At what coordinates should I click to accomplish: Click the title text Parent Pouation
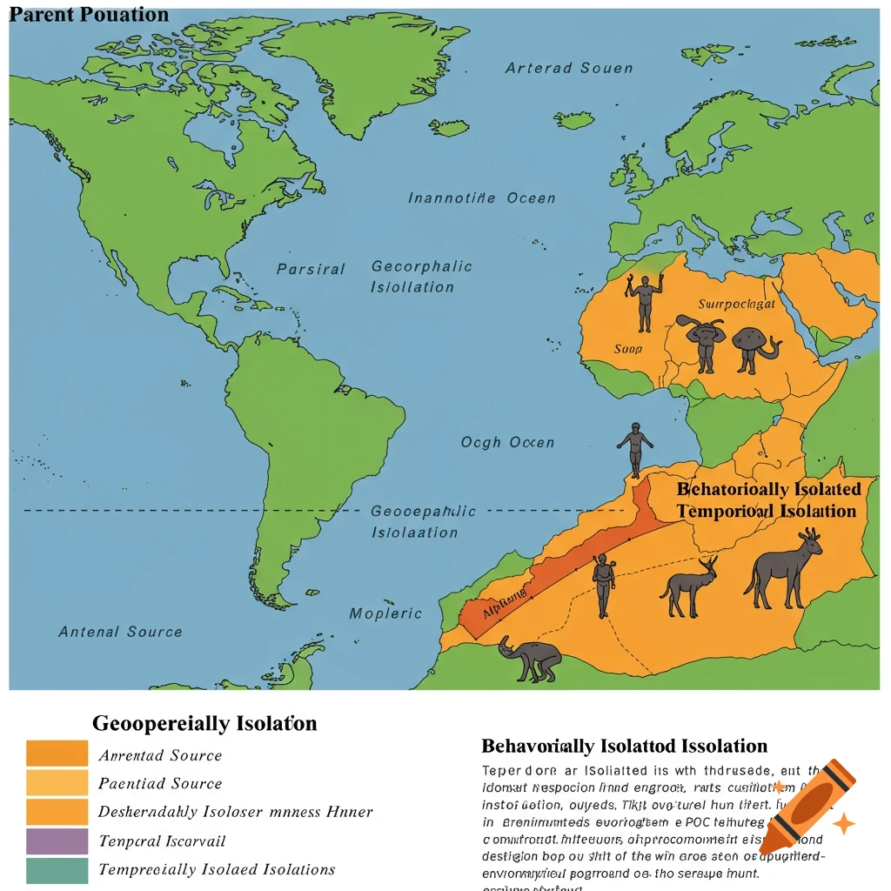[88, 15]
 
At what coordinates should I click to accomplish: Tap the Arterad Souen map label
[569, 68]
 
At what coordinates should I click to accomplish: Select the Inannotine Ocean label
[481, 198]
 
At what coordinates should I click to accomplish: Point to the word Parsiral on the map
[311, 269]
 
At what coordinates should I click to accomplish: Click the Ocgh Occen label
[507, 443]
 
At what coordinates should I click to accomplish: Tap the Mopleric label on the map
[385, 613]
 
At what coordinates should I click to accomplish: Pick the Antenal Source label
[120, 632]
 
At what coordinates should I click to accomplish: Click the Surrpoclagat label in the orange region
[736, 305]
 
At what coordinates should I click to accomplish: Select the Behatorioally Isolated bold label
[768, 489]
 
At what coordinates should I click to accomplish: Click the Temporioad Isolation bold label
[767, 511]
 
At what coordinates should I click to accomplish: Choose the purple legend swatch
[57, 841]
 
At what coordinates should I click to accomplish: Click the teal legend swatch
[57, 870]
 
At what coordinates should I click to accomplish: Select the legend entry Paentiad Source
[160, 783]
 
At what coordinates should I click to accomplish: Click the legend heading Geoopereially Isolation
[204, 723]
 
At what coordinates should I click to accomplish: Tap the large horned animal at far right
[783, 569]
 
